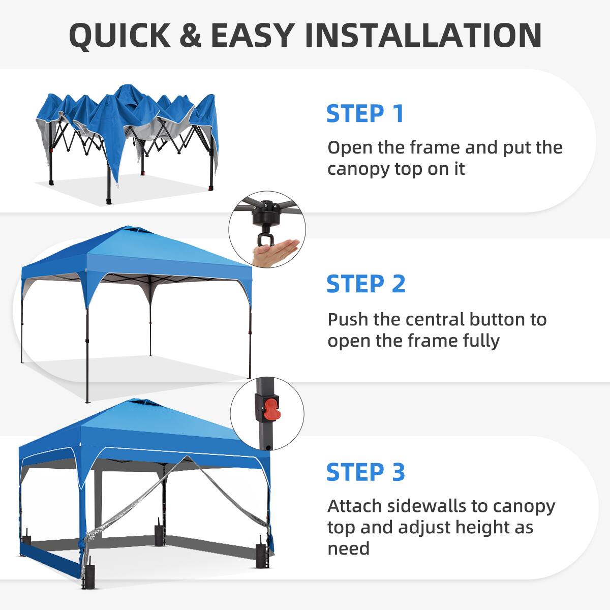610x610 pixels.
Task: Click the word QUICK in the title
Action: tap(120, 35)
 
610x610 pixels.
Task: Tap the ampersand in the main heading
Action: tap(190, 35)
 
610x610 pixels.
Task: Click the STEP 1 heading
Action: tap(364, 113)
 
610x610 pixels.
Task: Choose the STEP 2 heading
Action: tap(365, 284)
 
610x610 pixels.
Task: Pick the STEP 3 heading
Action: tap(365, 472)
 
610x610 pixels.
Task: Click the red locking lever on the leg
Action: tap(270, 409)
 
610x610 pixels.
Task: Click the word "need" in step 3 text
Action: tap(348, 548)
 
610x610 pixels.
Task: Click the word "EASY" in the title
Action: tap(252, 35)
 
